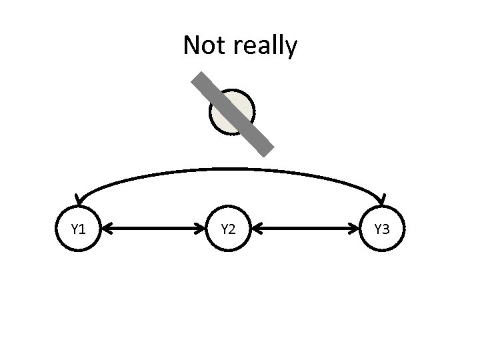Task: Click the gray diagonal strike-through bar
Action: point(233,115)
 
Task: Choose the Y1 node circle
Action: point(77,230)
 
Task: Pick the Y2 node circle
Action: point(228,230)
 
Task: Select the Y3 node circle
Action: point(381,230)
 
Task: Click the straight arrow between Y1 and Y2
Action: point(153,230)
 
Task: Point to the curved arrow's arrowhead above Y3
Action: point(382,199)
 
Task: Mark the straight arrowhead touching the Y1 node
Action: point(107,230)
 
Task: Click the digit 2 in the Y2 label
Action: point(232,230)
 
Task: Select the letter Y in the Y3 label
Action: point(377,230)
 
